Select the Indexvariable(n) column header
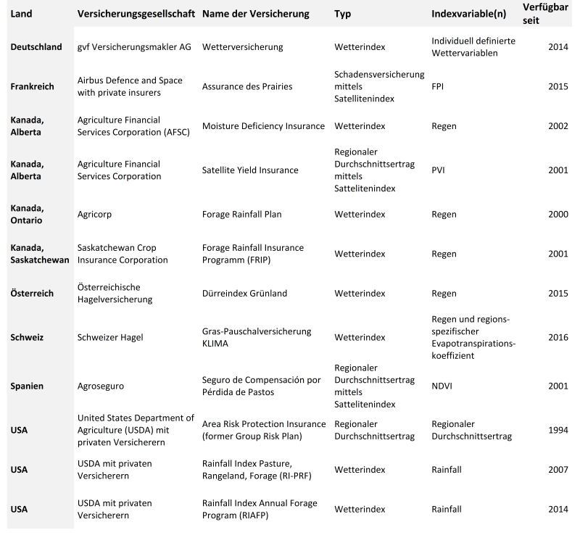click(468, 14)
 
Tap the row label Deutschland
click(36, 47)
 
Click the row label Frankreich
click(33, 86)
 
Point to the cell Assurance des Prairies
click(247, 86)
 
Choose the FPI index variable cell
click(438, 86)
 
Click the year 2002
click(558, 125)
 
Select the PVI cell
click(439, 170)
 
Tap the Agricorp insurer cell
click(94, 215)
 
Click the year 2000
click(558, 215)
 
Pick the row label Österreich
click(33, 293)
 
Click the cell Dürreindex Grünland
click(245, 293)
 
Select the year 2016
click(558, 337)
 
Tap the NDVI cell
click(442, 386)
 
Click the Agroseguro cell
click(101, 386)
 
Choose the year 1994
click(558, 430)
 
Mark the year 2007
click(558, 469)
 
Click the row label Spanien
click(28, 386)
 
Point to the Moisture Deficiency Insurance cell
click(263, 125)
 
